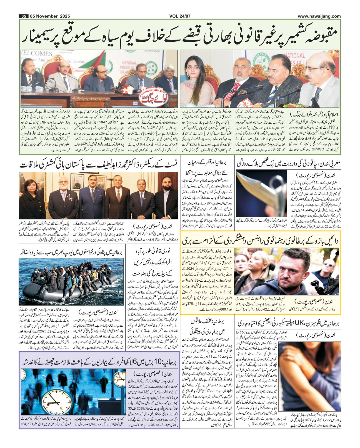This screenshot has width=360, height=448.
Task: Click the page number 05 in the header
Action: [24, 16]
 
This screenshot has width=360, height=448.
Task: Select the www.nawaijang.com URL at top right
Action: [319, 16]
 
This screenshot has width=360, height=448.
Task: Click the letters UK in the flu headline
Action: [300, 324]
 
